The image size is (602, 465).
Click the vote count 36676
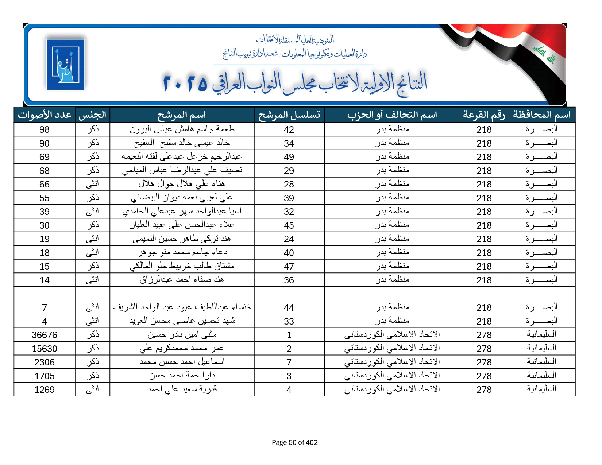click(45, 335)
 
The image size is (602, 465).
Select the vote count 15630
click(45, 349)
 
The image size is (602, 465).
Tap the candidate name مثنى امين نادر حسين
click(182, 334)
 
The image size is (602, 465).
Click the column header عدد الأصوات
click(45, 115)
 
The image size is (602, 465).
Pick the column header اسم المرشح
click(182, 115)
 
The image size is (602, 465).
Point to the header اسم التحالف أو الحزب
click(392, 115)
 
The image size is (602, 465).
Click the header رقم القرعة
click(484, 115)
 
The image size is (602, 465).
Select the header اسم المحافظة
click(541, 115)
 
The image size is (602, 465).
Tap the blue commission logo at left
click(66, 65)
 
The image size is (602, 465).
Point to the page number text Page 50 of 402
click(295, 442)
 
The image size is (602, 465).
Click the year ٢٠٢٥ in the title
click(185, 84)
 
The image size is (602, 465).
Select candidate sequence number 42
click(289, 129)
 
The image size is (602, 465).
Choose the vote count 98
click(45, 129)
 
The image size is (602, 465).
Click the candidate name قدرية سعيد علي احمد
click(182, 389)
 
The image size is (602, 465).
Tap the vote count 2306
click(45, 362)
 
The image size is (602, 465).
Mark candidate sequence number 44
click(289, 307)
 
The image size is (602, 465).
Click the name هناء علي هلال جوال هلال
click(182, 184)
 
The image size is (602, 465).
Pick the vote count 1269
click(45, 390)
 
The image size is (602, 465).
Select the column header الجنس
click(92, 115)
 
